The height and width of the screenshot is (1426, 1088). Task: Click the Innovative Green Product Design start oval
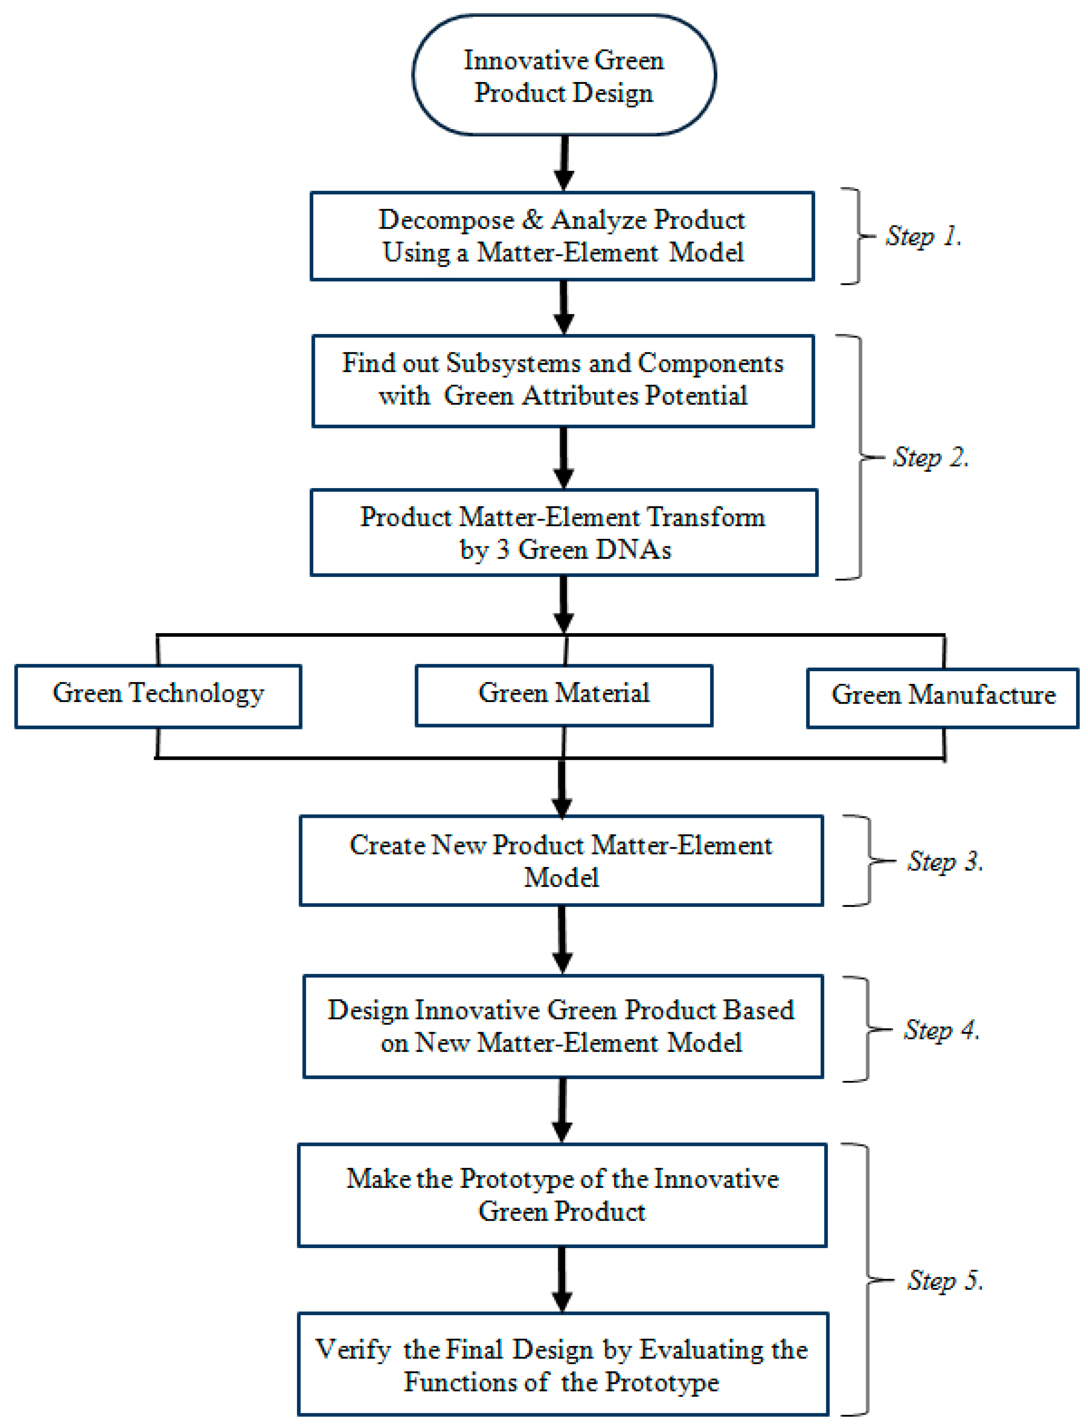point(564,75)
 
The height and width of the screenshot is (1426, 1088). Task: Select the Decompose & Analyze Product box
point(562,236)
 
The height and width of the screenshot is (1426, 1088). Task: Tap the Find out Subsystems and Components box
point(562,380)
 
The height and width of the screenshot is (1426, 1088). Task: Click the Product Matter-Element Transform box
point(564,533)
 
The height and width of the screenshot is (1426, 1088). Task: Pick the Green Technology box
point(158,696)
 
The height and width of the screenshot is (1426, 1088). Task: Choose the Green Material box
point(564,695)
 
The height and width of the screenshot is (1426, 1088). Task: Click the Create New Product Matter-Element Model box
point(561,861)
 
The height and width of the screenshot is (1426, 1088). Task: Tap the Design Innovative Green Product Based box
point(562,1026)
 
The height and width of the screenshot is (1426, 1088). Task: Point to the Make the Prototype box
point(562,1195)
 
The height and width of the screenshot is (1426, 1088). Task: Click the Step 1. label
point(923,236)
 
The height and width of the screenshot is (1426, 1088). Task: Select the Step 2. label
point(930,457)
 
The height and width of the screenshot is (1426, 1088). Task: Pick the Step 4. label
point(941,1029)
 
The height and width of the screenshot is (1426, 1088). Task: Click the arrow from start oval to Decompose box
point(564,162)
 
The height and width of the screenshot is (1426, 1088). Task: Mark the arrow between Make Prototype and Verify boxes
point(562,1279)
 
